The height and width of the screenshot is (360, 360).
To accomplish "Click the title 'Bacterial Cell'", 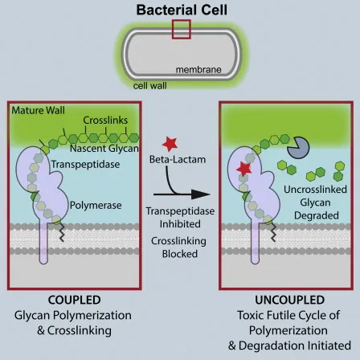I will pyautogui.click(x=179, y=10).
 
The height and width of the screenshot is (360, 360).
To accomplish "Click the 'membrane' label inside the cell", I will pyautogui.click(x=198, y=70).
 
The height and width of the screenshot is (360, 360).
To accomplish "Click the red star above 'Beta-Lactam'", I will pyautogui.click(x=170, y=143).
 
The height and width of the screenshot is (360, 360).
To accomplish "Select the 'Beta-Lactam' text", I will pyautogui.click(x=178, y=160).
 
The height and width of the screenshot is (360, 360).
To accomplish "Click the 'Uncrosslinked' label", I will pyautogui.click(x=316, y=190).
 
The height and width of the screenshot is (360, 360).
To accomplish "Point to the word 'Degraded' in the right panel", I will pyautogui.click(x=316, y=216).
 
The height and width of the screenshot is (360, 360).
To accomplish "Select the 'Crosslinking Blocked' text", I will pyautogui.click(x=178, y=247).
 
